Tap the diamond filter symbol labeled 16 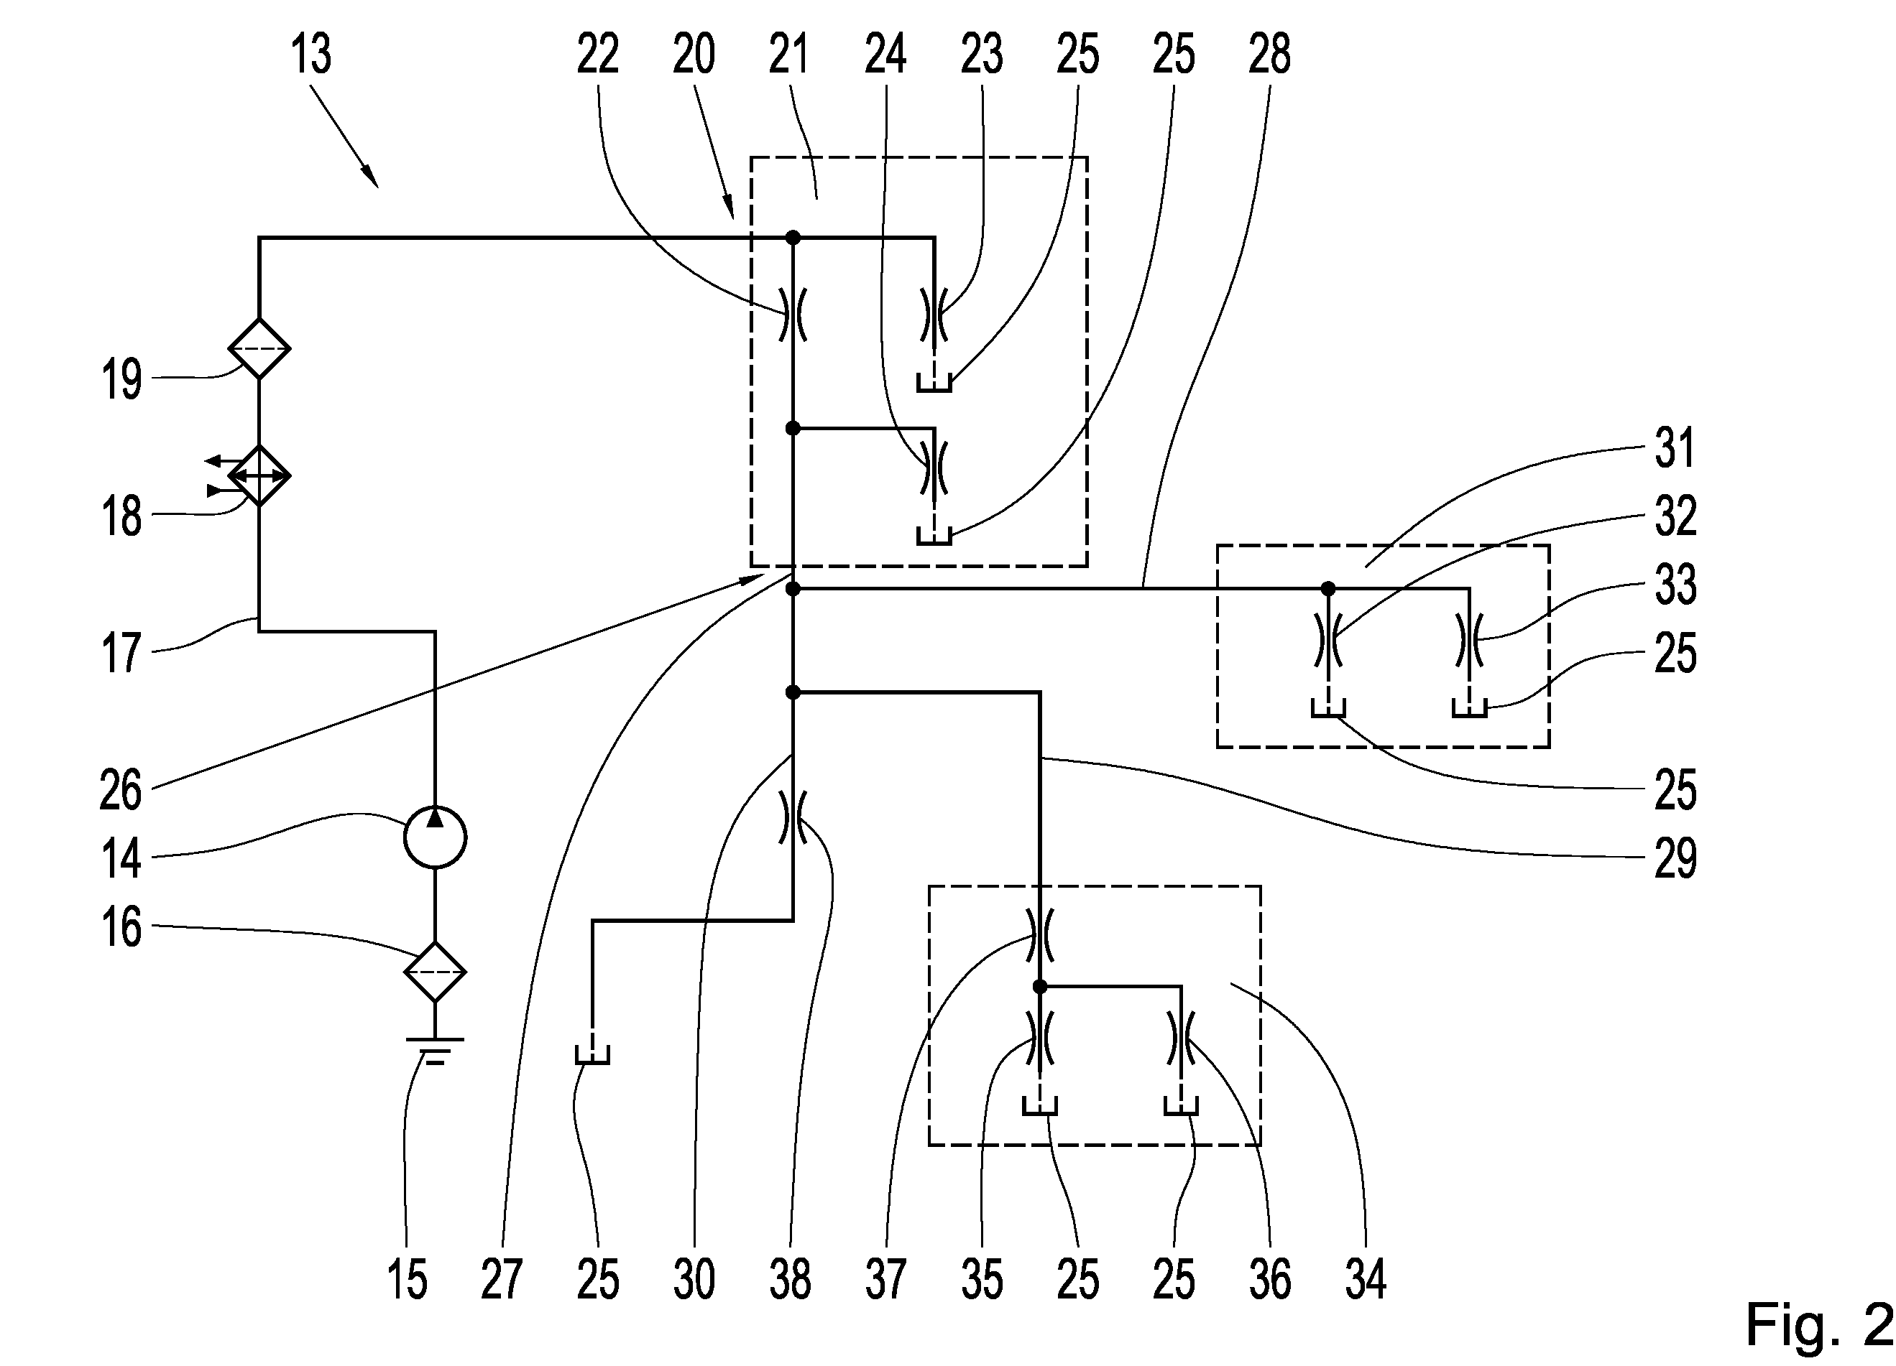point(435,972)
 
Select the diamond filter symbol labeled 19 point(259,348)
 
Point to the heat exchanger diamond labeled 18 point(259,475)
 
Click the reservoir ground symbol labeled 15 point(435,1050)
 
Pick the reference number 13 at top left point(311,55)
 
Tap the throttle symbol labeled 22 point(793,314)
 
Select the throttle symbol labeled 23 point(934,314)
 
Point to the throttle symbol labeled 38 point(793,817)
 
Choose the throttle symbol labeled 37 point(1040,935)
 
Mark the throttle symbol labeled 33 point(1470,640)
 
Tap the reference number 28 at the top point(1270,55)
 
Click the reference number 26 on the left point(121,789)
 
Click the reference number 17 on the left point(121,653)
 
